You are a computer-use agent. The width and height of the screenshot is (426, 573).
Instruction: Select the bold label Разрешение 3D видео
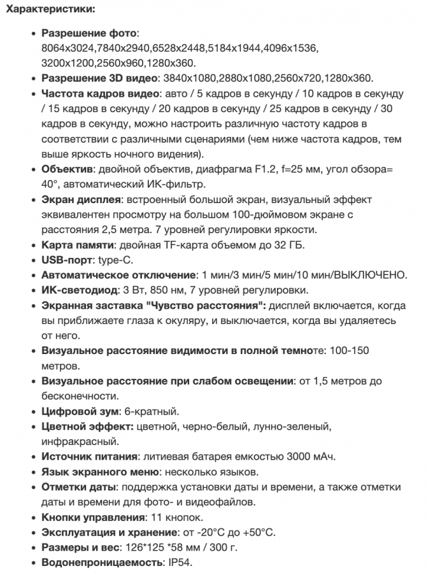[99, 78]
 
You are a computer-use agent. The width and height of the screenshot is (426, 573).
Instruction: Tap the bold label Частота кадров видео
[100, 94]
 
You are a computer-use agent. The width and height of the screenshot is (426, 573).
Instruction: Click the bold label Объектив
[67, 169]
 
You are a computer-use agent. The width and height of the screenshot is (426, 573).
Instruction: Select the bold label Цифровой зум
[79, 412]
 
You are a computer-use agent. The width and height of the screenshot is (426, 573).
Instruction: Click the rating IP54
[179, 563]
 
